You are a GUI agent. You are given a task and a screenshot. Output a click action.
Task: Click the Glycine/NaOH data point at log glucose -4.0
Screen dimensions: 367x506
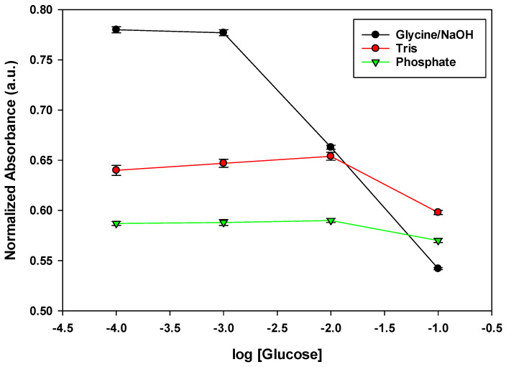[x=116, y=29]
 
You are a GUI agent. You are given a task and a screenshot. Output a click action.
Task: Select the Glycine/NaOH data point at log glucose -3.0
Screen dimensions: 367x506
[x=224, y=32]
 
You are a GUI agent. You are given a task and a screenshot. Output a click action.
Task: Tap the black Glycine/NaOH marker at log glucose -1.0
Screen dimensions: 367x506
[x=438, y=268]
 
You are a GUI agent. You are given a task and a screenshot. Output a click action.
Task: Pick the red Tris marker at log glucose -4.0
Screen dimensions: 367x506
[x=116, y=170]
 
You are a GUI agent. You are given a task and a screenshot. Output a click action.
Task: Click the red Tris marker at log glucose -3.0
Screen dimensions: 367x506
[x=224, y=163]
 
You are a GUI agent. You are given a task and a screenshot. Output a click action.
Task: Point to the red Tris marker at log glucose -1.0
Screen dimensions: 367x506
[x=438, y=212]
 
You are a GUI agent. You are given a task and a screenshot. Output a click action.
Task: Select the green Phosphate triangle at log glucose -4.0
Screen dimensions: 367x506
[x=116, y=224]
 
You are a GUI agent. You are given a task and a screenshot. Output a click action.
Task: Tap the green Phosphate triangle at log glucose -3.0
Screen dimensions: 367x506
[x=224, y=223]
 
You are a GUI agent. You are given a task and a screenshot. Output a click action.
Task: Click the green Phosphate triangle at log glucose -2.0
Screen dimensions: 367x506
[x=331, y=221]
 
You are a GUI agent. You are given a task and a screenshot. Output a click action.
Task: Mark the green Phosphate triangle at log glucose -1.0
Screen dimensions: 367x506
[x=438, y=241]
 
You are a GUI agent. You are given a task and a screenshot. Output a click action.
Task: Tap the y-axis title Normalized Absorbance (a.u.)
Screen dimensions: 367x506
[x=11, y=159]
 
